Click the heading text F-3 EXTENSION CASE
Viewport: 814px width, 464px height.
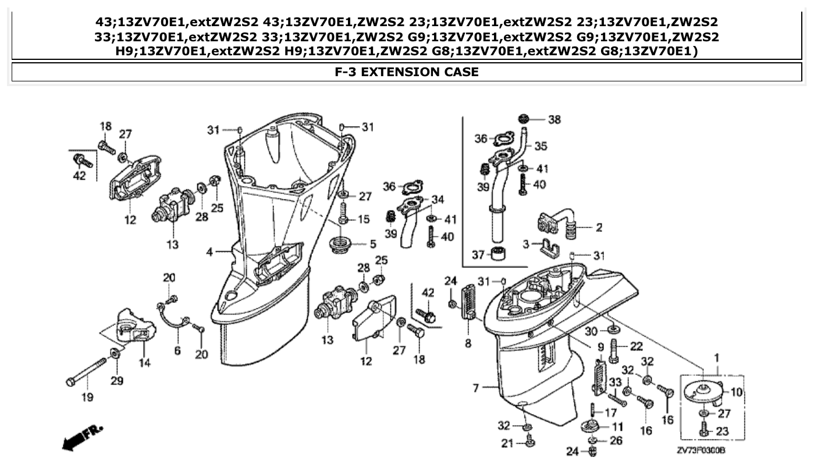click(x=407, y=72)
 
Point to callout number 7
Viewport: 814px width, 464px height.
click(x=475, y=387)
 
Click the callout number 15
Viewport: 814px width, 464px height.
click(x=364, y=219)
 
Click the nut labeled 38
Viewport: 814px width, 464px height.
click(x=525, y=119)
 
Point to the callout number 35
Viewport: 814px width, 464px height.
click(x=541, y=145)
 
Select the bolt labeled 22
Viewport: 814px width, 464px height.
click(x=614, y=350)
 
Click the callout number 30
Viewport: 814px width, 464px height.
click(x=591, y=331)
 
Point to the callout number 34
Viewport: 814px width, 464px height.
click(x=437, y=199)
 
